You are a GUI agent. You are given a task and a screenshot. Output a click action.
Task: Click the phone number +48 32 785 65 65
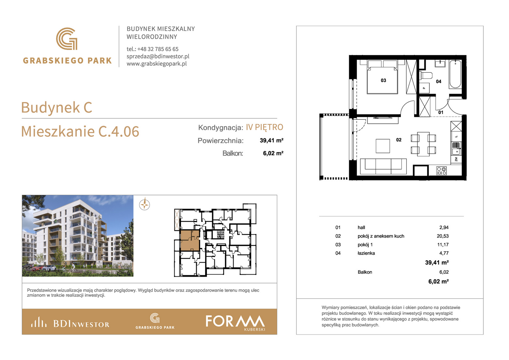point(158,49)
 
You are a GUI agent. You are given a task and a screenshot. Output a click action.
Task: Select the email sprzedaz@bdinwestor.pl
point(158,56)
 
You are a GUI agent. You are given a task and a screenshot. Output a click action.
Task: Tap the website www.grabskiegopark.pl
point(157,64)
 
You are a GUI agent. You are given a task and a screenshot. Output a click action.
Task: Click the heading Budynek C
point(57,107)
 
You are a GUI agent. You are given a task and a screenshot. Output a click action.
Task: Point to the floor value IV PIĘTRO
point(264,127)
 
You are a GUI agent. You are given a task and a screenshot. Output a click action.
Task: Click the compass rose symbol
point(145,204)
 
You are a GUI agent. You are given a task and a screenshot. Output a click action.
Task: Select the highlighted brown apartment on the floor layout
point(190,240)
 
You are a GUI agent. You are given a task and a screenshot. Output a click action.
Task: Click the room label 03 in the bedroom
point(383,80)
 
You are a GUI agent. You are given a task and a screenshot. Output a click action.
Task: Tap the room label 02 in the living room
point(399,140)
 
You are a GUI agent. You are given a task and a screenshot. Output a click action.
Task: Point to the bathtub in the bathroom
point(455,74)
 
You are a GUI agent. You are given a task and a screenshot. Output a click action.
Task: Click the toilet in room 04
point(426,75)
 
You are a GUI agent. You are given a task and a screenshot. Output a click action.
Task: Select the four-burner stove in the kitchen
point(441,171)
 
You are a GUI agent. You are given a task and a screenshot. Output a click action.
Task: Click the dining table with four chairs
point(423,144)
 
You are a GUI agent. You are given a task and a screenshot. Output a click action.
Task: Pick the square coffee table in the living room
point(383,146)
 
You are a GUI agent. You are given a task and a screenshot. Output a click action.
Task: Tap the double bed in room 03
point(382,77)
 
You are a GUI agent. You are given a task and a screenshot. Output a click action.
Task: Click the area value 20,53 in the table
point(443,236)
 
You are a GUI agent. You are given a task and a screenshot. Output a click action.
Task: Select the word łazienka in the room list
point(366,253)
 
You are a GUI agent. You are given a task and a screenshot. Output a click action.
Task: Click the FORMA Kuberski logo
point(236,322)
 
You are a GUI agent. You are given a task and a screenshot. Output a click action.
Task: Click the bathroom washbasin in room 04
point(440,63)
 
